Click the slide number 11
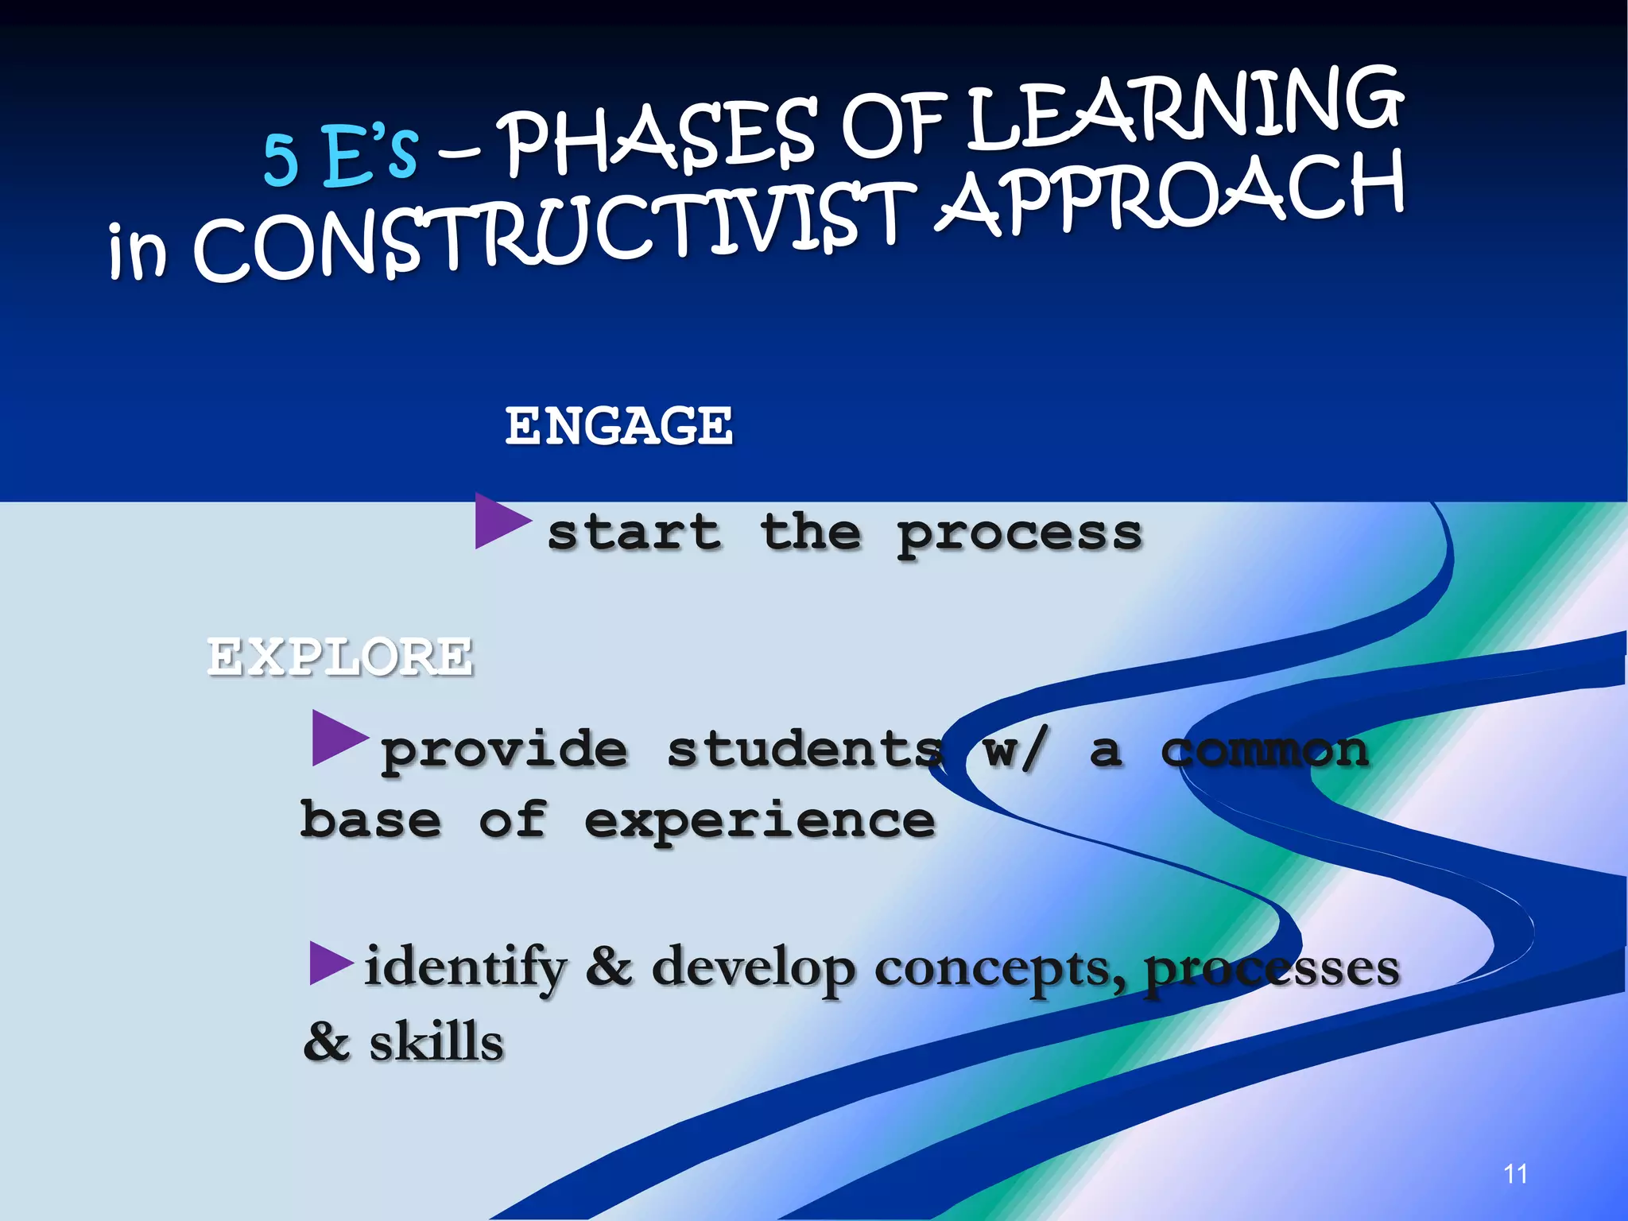[1515, 1174]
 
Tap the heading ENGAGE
[619, 425]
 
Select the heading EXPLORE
[340, 657]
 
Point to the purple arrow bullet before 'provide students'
[337, 738]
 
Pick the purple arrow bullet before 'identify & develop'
[329, 963]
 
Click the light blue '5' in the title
[281, 159]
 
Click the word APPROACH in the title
[1169, 195]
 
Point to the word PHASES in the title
[660, 139]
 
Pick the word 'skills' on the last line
[436, 1042]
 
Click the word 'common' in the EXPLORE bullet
[1265, 750]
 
